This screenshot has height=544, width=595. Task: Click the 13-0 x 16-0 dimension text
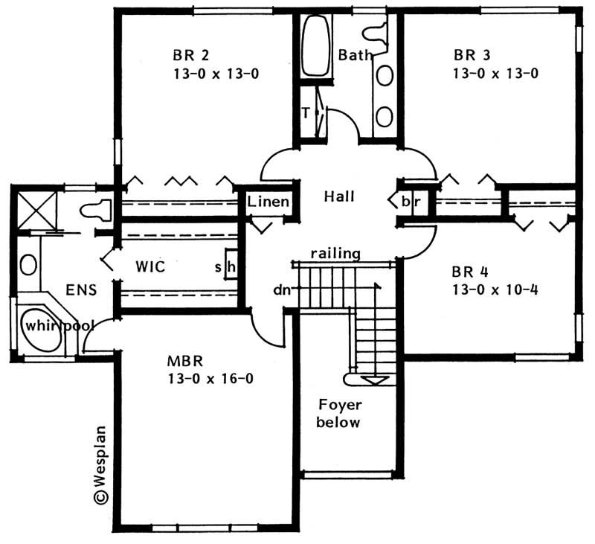[x=210, y=379]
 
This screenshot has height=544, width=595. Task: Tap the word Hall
[x=339, y=196]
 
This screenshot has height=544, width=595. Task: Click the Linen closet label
[x=268, y=201]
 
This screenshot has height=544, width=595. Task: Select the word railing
[x=335, y=254]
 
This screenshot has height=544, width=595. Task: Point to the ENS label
[x=80, y=290]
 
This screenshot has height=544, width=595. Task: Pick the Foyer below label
[x=339, y=414]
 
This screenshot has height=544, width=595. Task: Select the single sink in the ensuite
[x=28, y=265]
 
